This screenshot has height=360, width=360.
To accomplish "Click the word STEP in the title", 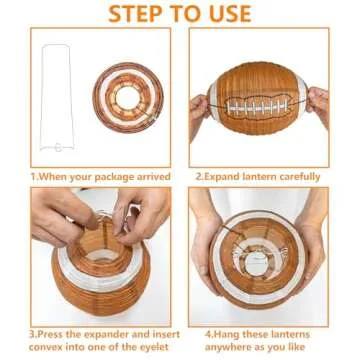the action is [x=136, y=13].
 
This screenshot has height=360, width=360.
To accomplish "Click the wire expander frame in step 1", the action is [x=56, y=98].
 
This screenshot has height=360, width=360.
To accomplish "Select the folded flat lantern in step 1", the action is [x=128, y=97].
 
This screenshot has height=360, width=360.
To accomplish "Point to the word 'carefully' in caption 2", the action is [x=300, y=177].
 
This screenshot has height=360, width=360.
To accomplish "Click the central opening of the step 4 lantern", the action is [x=257, y=263].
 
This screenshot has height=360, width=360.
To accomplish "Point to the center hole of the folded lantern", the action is [x=128, y=97].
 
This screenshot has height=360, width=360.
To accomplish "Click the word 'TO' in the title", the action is [x=183, y=13].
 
